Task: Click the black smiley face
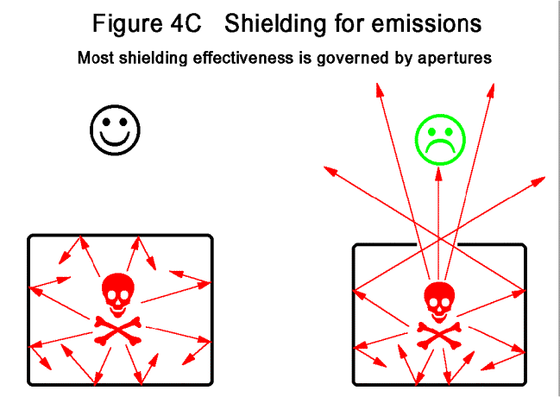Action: [115, 130]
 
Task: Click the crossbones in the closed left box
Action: [118, 330]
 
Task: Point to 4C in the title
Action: [185, 24]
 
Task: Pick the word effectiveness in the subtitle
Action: [241, 60]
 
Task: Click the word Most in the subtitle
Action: [95, 60]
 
